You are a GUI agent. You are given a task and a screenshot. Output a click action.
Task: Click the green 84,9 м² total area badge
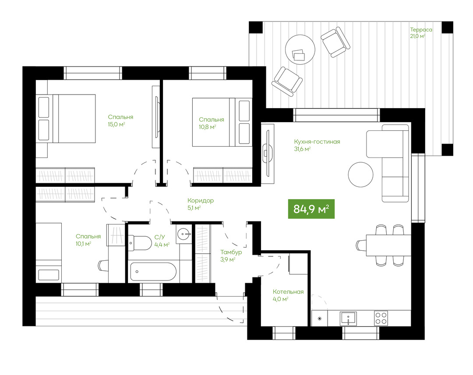[x=311, y=209]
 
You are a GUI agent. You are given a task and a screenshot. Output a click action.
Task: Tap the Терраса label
[x=421, y=30]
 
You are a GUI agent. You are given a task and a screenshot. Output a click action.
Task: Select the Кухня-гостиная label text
[x=317, y=142]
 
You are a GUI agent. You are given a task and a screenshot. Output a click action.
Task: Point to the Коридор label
[x=201, y=200]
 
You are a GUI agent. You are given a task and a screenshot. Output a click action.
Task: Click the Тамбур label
[x=231, y=252]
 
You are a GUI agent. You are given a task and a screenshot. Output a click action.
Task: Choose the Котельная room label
[x=288, y=292]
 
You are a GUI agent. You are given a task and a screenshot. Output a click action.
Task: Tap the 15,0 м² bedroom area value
[x=116, y=124]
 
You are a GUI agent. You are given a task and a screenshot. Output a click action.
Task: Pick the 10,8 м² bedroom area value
[x=207, y=127]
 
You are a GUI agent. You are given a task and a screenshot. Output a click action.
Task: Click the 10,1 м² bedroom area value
[x=84, y=244]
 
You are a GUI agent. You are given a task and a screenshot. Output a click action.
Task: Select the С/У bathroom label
[x=159, y=238]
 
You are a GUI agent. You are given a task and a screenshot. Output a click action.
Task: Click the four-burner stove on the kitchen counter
[x=381, y=318]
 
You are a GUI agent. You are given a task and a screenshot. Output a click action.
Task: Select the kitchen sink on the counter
[x=349, y=318]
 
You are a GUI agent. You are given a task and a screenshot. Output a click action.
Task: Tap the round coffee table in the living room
[x=360, y=175]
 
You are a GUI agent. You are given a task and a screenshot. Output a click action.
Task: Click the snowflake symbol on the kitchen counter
[x=320, y=318]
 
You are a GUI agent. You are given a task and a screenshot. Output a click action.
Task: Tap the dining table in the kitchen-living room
[x=388, y=245]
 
